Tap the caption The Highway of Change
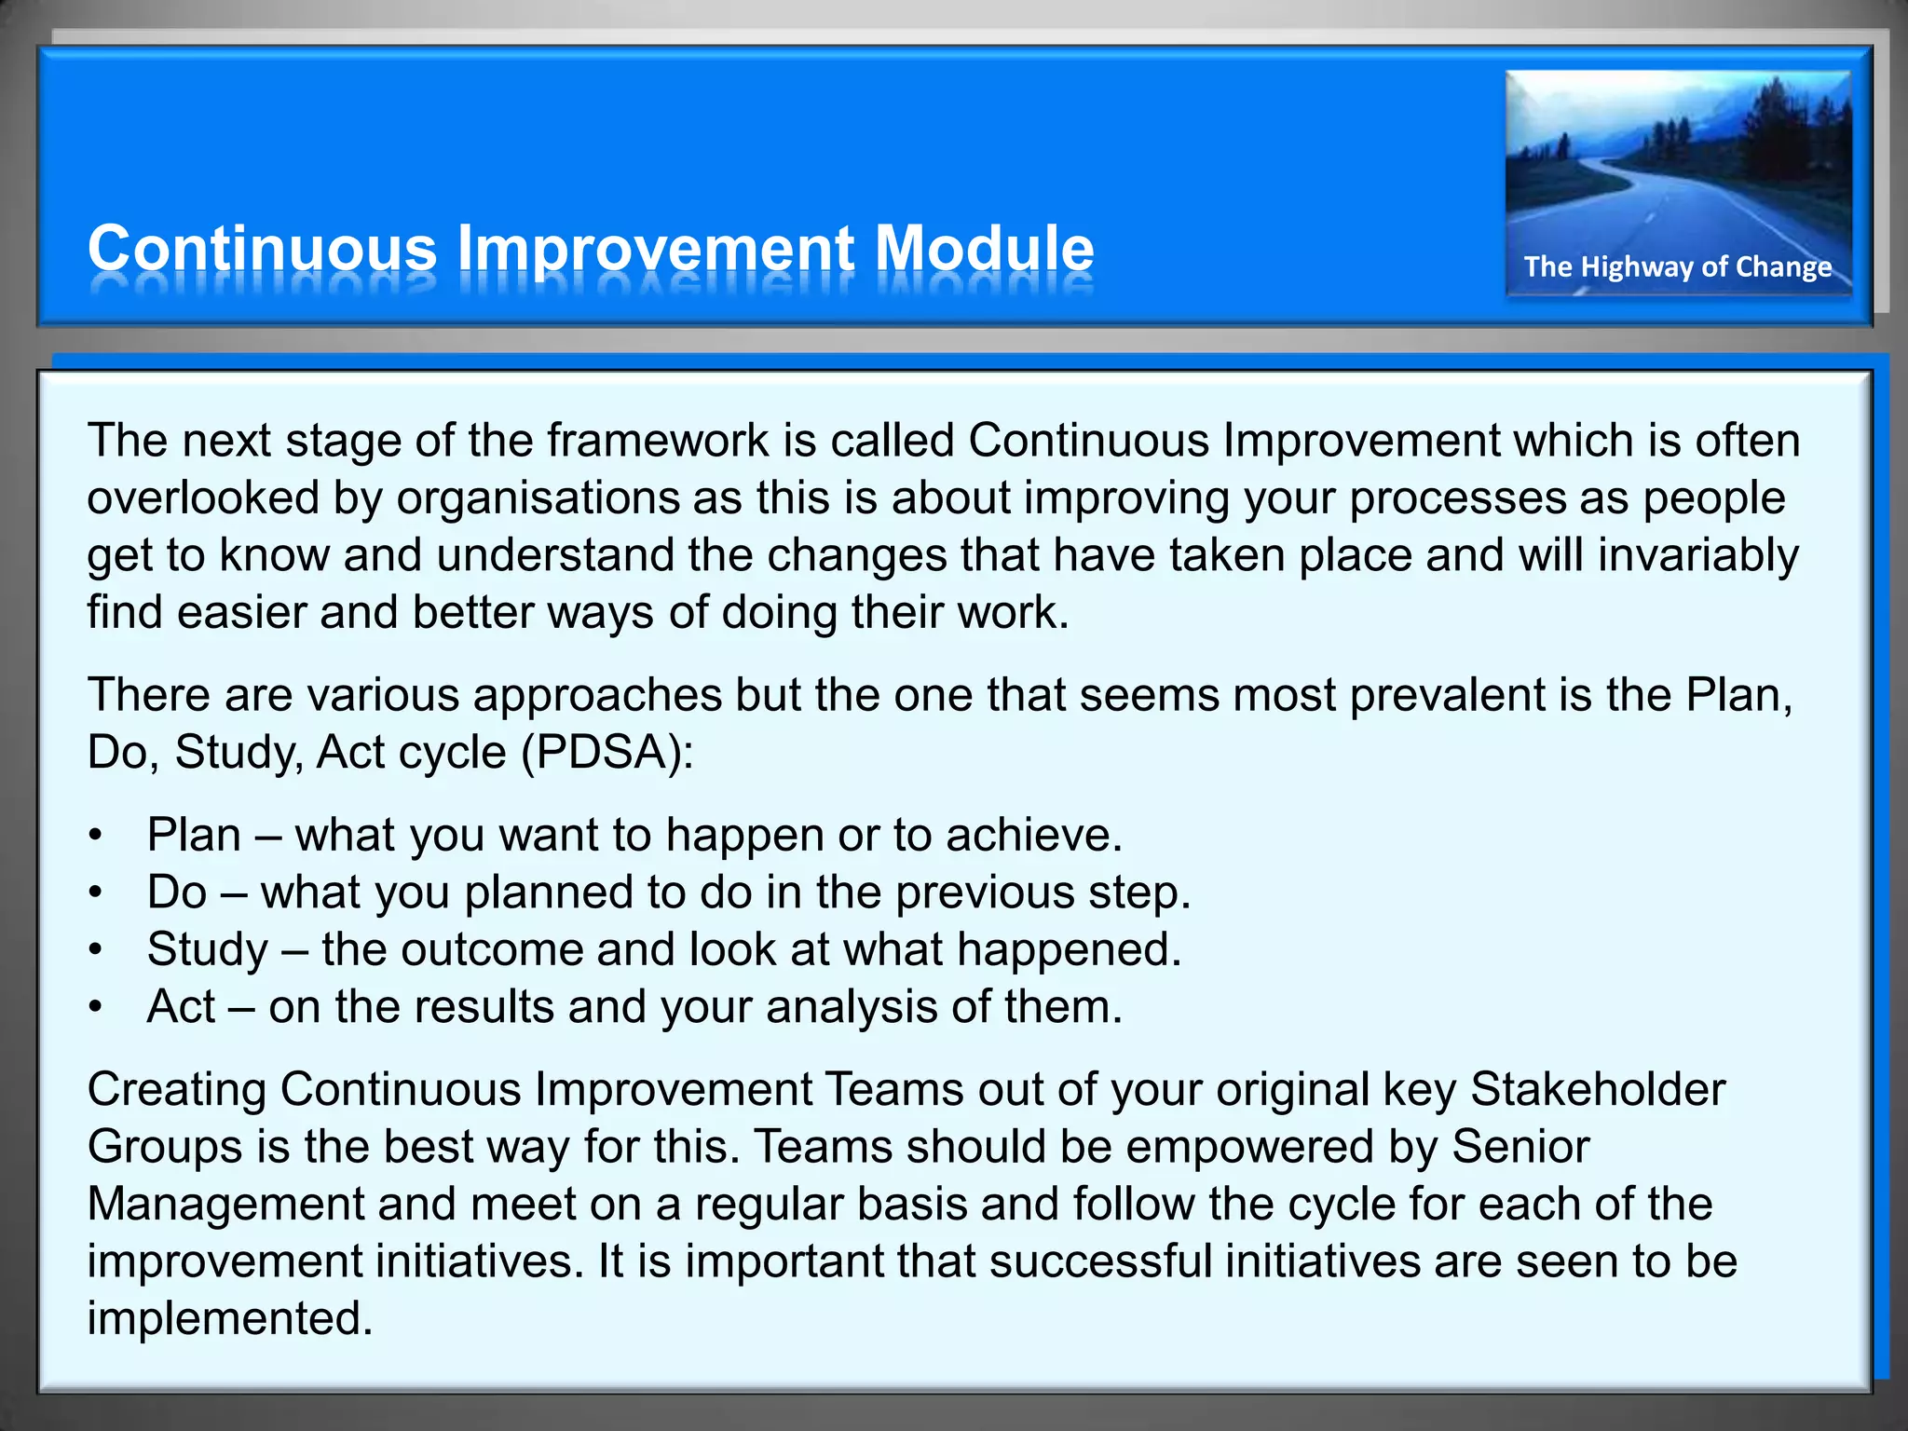tap(1677, 267)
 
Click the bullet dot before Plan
tap(95, 835)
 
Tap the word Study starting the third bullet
tap(207, 949)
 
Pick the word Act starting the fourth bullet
tap(181, 1007)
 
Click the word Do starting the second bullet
tap(176, 893)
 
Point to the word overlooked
tap(203, 497)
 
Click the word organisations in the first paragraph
tap(538, 497)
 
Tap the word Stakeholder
tap(1597, 1089)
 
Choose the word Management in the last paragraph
tap(225, 1204)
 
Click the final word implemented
tap(229, 1318)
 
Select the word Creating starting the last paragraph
tap(176, 1089)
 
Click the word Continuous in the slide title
tap(262, 249)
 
